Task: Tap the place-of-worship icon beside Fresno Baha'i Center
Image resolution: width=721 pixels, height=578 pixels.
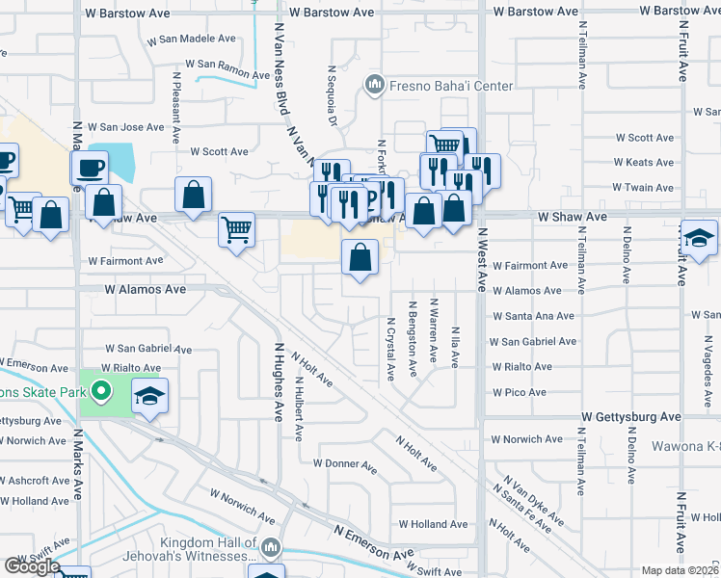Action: pyautogui.click(x=374, y=87)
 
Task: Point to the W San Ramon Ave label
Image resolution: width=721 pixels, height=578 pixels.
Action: pyautogui.click(x=228, y=69)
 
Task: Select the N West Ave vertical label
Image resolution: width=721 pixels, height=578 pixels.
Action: pyautogui.click(x=478, y=259)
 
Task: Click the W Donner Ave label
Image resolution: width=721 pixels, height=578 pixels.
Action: pyautogui.click(x=344, y=464)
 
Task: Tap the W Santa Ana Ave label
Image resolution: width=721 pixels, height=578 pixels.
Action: pyautogui.click(x=533, y=316)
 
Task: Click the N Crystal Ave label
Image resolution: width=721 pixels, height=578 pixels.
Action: pyautogui.click(x=391, y=350)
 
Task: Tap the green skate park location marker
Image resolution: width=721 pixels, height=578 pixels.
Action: pyautogui.click(x=98, y=391)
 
